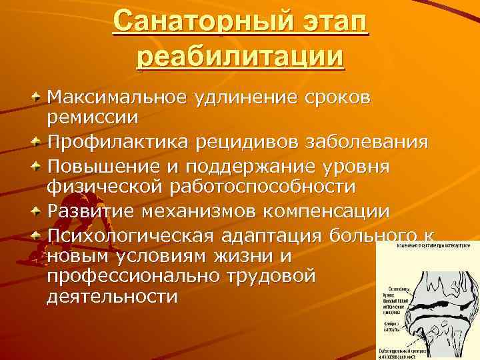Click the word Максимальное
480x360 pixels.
116,98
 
